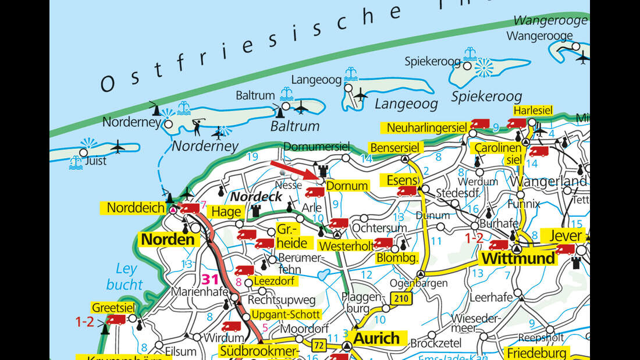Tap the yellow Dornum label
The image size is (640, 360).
pos(347,186)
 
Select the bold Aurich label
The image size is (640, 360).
pos(377,338)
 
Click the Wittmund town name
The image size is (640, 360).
pos(517,258)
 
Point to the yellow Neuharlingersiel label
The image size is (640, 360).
pos(423,127)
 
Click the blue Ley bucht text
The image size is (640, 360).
pos(125,277)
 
